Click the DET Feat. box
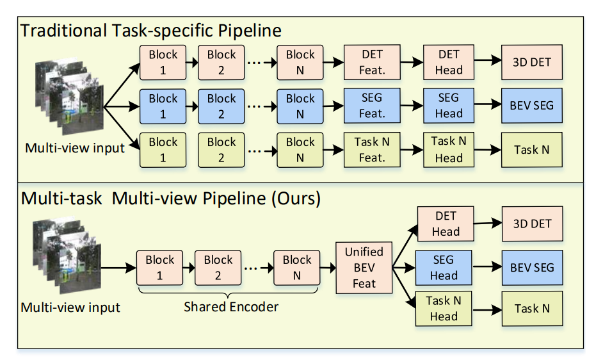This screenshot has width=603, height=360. (372, 62)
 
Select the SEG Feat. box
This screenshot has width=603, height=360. (372, 106)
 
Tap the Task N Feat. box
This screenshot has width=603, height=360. (372, 150)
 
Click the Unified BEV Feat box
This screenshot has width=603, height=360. (364, 268)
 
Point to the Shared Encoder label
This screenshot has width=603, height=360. (230, 307)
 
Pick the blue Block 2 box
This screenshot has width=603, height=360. (221, 106)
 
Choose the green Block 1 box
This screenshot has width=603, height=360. (163, 150)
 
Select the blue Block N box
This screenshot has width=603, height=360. (300, 106)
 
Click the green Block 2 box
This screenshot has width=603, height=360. (221, 150)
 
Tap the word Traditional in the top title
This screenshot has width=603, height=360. (64, 30)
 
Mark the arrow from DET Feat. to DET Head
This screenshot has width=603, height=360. (412, 62)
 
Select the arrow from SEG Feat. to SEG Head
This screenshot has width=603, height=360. (412, 105)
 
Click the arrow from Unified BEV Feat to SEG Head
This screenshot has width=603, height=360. (404, 267)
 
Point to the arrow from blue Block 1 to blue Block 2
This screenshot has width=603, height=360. (192, 106)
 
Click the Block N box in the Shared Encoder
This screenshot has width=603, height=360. (296, 268)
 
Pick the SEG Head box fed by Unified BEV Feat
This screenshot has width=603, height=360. (444, 268)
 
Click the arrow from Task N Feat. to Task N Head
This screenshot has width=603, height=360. (412, 149)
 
